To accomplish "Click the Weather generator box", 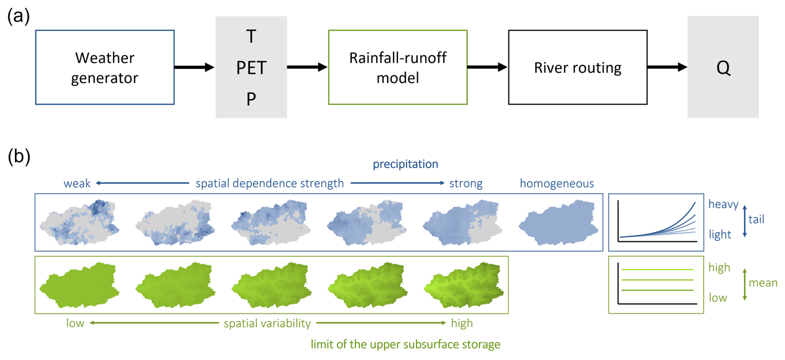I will click(x=105, y=67).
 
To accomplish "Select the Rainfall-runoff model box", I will click(x=397, y=67).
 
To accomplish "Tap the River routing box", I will click(x=578, y=67).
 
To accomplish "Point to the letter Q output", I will click(x=723, y=68).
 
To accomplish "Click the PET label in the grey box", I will click(x=251, y=68).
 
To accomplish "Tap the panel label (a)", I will click(x=19, y=17).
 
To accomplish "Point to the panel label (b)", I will click(x=19, y=156).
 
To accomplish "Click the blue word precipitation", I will click(x=405, y=164).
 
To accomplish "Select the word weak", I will click(x=77, y=183).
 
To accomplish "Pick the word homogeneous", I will click(x=557, y=183).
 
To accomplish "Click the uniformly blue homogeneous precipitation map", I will click(x=558, y=223).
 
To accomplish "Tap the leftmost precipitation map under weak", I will click(x=79, y=223).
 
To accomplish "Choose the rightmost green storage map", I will click(x=464, y=285).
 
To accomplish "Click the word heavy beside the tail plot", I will click(x=723, y=204).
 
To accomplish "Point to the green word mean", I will click(x=763, y=283).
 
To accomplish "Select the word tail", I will click(x=756, y=219).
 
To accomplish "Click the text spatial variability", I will click(x=267, y=323).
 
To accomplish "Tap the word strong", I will click(x=466, y=183).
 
